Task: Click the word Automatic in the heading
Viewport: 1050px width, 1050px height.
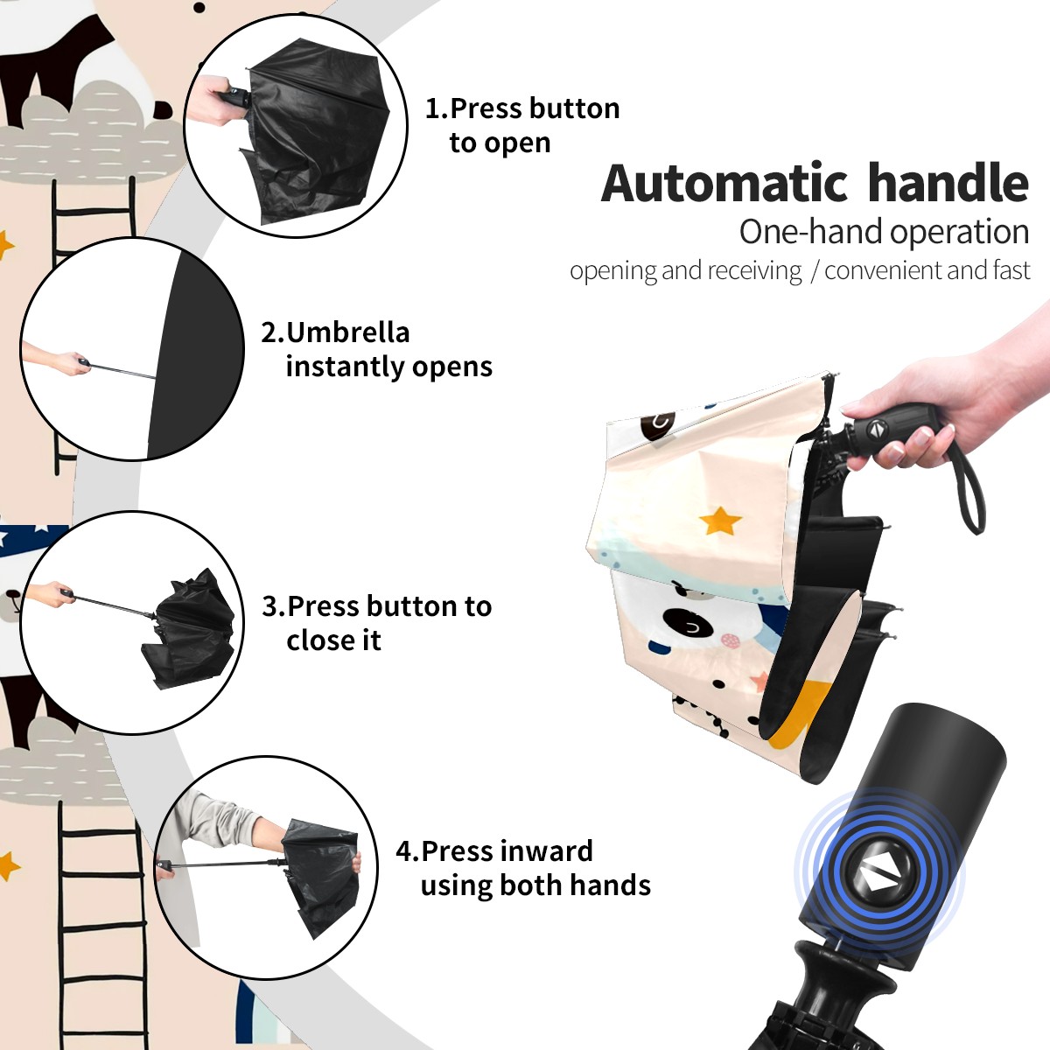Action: click(724, 183)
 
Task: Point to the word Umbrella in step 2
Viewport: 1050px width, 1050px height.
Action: click(347, 332)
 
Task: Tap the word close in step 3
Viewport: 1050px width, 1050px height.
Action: click(323, 640)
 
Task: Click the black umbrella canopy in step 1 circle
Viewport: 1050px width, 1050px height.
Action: click(316, 130)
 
